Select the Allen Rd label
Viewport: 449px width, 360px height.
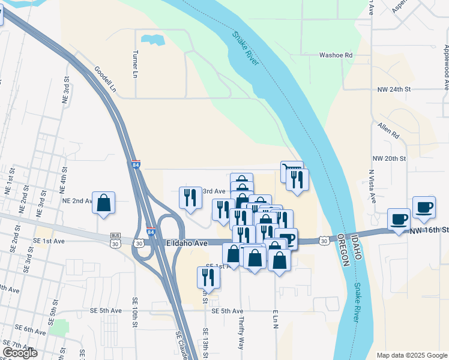pos(388,130)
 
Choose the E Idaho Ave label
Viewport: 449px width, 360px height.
pos(186,243)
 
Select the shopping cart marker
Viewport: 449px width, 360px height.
pos(291,171)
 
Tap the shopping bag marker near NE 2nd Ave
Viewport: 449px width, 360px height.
pos(104,203)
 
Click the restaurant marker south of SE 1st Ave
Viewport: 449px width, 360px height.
pos(208,277)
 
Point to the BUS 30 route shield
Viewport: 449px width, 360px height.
pos(116,240)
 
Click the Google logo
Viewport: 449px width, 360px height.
pos(20,353)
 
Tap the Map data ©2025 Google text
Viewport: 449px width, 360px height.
pos(411,355)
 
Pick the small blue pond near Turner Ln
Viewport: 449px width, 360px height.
pos(152,40)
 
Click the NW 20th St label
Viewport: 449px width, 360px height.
pos(392,158)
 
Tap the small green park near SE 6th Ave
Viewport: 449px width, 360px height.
pos(59,328)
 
